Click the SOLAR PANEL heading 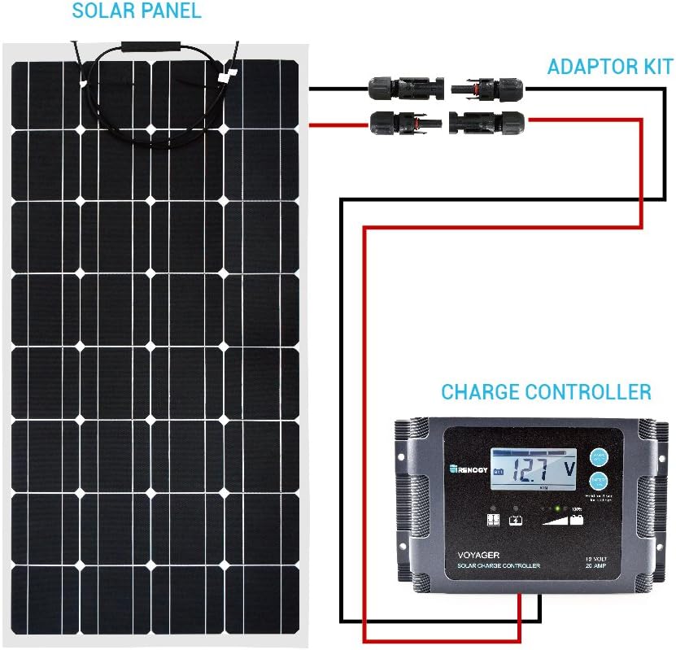click(x=136, y=11)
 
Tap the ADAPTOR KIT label click(x=610, y=67)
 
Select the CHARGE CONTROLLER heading click(x=546, y=392)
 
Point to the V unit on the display click(x=568, y=469)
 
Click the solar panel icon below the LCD click(x=492, y=519)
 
